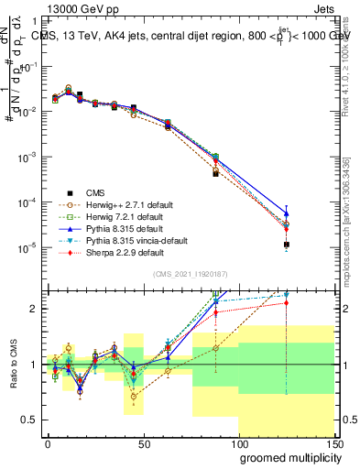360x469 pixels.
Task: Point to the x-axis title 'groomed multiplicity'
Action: pos(287,456)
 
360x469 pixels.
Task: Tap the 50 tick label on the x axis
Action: pos(143,442)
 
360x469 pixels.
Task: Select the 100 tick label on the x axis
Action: pos(237,442)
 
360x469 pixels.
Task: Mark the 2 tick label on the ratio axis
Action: pos(37,309)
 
